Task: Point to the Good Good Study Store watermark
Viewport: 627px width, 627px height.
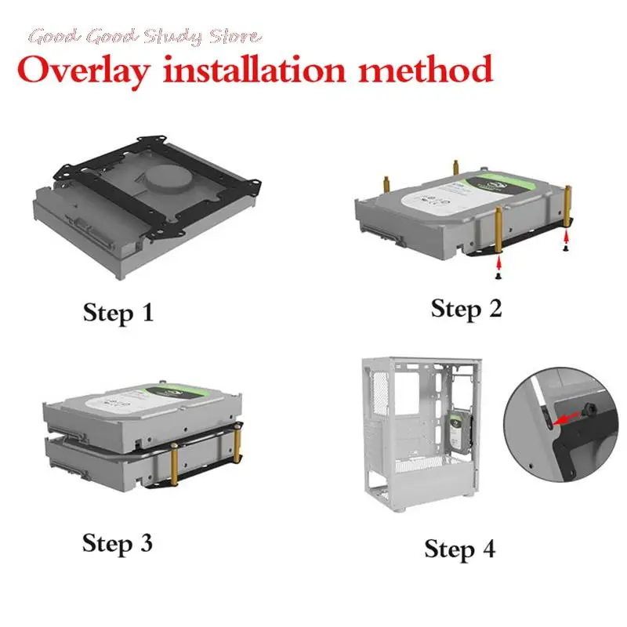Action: coord(146,36)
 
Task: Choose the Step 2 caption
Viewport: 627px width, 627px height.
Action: coord(466,308)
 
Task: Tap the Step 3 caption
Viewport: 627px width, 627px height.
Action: coord(118,542)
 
